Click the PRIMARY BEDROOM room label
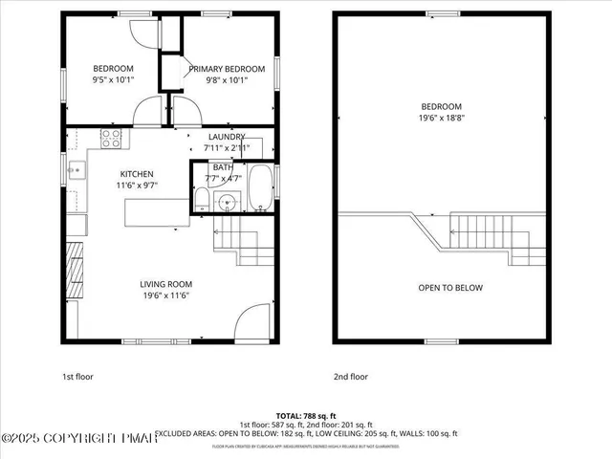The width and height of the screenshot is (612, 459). coord(226,69)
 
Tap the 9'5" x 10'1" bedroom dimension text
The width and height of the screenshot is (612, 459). coord(112,80)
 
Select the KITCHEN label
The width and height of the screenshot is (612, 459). coord(137,173)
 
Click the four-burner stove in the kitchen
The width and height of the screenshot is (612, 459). coord(112,138)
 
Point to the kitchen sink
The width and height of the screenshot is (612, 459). coord(76,172)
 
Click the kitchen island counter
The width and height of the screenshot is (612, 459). coord(156,211)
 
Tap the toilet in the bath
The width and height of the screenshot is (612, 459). coord(202,200)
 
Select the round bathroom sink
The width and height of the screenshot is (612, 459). coord(227,202)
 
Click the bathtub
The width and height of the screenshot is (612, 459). coord(260,189)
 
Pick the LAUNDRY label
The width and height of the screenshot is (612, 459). coord(227,137)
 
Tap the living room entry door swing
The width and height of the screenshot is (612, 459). coord(252,320)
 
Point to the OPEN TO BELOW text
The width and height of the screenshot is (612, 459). coord(450,288)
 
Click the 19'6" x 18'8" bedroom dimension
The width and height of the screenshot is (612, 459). coord(442,119)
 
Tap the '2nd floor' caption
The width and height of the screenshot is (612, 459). coord(351,377)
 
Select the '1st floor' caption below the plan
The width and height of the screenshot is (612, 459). coord(77,377)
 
